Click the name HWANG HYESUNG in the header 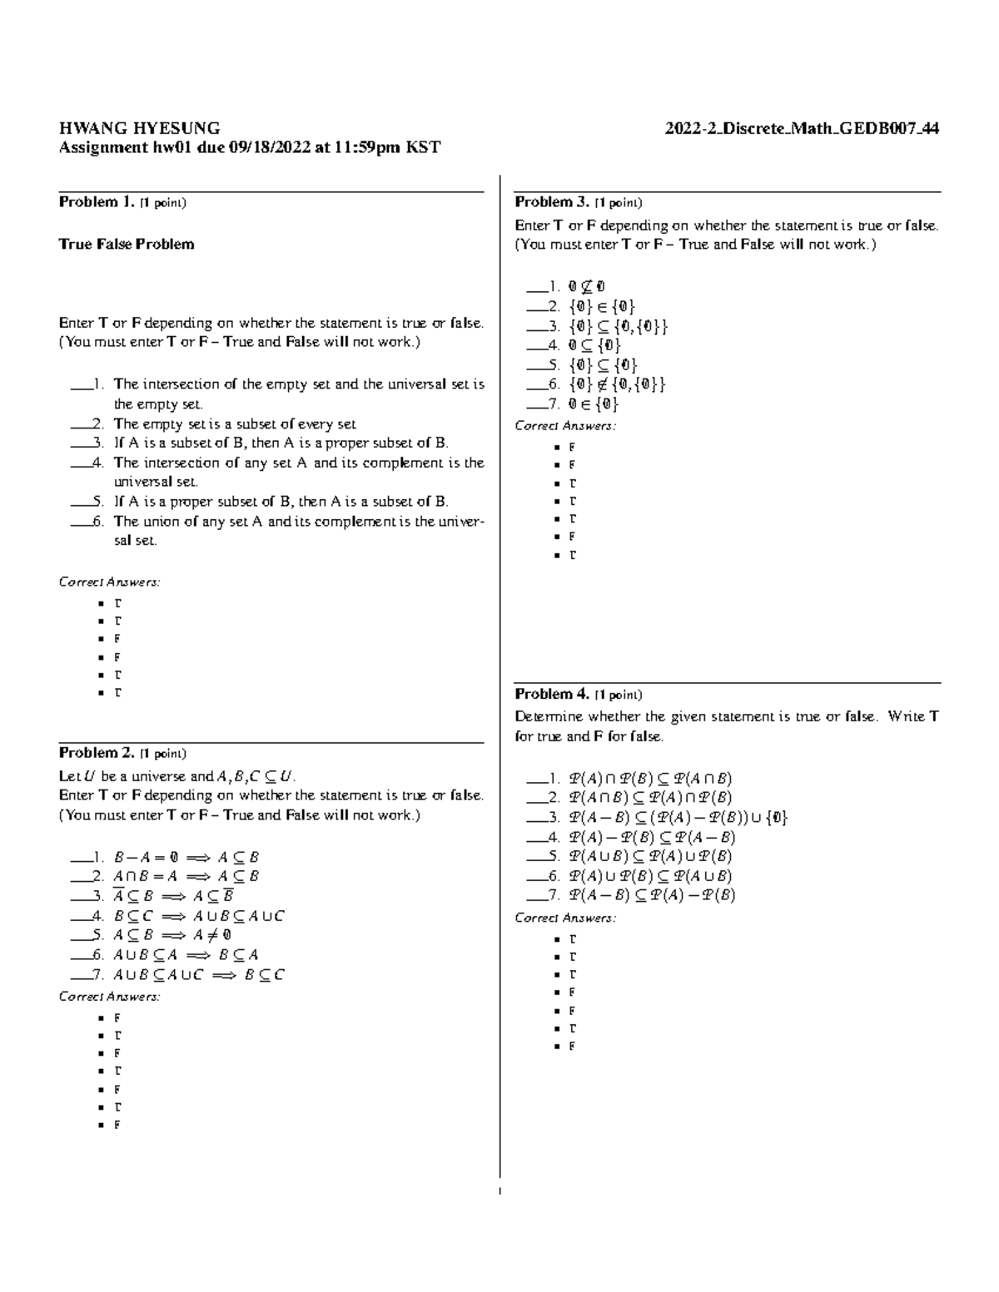(x=139, y=128)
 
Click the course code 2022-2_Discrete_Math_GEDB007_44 (x=802, y=128)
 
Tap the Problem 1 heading (x=96, y=202)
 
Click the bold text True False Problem (x=127, y=244)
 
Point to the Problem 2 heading (x=96, y=753)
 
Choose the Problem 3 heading (x=552, y=202)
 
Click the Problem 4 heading (x=552, y=694)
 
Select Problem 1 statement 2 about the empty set (x=234, y=423)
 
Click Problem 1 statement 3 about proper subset (x=281, y=443)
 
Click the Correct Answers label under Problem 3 (x=565, y=426)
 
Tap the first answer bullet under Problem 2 (x=117, y=1017)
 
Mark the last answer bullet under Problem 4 (x=573, y=1047)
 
